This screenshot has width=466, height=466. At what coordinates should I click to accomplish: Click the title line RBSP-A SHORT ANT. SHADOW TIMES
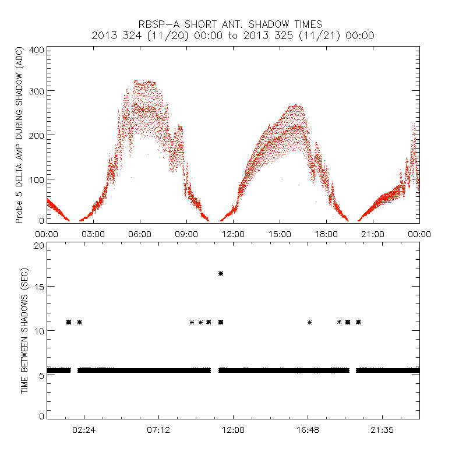coord(233,24)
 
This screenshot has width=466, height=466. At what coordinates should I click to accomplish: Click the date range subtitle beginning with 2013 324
coord(233,36)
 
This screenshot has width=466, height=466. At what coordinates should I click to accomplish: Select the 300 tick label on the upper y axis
coord(37,91)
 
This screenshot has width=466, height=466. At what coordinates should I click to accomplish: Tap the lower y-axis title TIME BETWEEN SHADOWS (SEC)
coord(24,330)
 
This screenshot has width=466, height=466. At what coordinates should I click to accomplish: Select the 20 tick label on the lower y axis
coord(39,245)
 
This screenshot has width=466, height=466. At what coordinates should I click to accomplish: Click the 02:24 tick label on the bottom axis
coord(84,429)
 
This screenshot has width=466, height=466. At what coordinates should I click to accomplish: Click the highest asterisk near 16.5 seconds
coord(221,273)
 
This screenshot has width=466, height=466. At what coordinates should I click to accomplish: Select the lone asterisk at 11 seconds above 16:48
coord(309,322)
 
